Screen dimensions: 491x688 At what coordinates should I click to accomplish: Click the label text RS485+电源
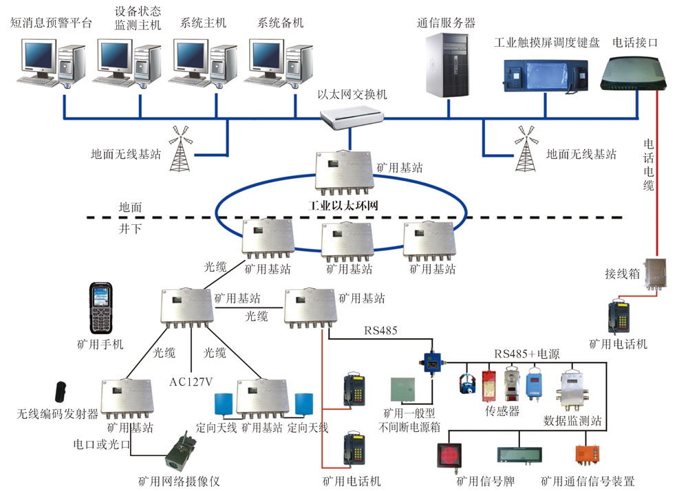coord(526,354)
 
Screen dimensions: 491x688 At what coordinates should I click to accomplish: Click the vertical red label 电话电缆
coord(648,164)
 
